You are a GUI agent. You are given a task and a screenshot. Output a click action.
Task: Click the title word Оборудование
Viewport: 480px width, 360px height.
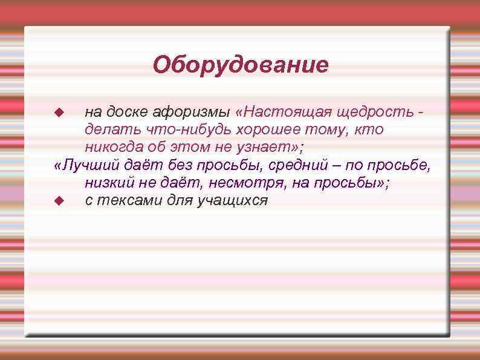coord(240,64)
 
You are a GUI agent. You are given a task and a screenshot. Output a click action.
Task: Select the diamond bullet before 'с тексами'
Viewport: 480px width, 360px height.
coord(59,200)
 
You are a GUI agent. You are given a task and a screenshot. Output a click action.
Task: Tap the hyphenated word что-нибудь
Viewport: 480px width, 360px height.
coord(191,129)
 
